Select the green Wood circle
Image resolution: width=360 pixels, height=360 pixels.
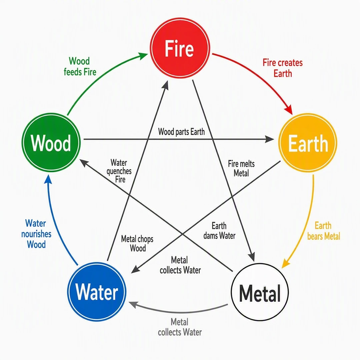pos(51,142)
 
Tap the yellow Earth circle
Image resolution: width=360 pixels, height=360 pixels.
pos(308,142)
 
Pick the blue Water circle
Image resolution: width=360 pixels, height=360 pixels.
pos(97,292)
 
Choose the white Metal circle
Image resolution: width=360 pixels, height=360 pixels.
pos(260,292)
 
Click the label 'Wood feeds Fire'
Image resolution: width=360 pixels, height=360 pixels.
pos(80,66)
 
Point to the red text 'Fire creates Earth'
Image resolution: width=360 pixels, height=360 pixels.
pos(283,68)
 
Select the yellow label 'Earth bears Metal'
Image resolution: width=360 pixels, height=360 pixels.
pos(323,231)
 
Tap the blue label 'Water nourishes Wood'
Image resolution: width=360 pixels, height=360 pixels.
pos(36,234)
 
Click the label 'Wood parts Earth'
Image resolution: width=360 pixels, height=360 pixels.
pos(181,132)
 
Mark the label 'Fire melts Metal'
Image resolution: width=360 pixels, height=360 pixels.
pos(241,168)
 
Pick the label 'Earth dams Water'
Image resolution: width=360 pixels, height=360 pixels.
pos(219,231)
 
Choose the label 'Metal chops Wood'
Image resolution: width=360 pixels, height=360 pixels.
pos(137,243)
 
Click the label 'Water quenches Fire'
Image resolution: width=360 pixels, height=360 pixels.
pos(119,171)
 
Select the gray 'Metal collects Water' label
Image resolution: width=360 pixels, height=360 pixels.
pos(180,327)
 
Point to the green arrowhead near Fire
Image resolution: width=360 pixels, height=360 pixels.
pos(143,56)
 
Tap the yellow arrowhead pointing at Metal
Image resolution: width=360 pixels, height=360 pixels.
pos(285,264)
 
